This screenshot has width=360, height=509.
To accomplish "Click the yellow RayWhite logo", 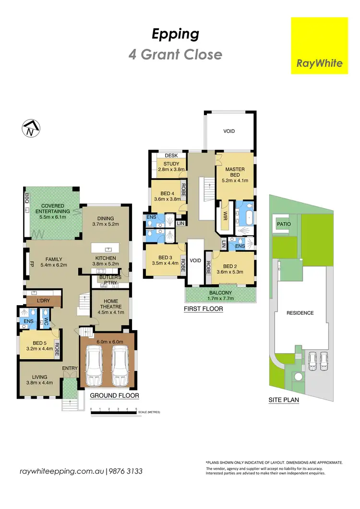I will pos(319,46).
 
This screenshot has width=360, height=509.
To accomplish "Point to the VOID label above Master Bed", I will pos(229,131).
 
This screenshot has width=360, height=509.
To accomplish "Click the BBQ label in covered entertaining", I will pos(26,201).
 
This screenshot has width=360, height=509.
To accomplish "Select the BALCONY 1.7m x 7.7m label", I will pos(220,296).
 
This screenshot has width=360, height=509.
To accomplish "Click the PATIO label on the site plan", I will pos(284,224).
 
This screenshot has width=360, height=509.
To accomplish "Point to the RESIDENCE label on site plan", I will pos(300,313).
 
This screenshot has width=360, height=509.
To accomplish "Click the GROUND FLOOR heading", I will pos(115,396).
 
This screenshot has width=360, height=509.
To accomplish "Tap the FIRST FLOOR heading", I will pos(204,309).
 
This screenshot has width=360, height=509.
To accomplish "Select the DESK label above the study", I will pos(171,155).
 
